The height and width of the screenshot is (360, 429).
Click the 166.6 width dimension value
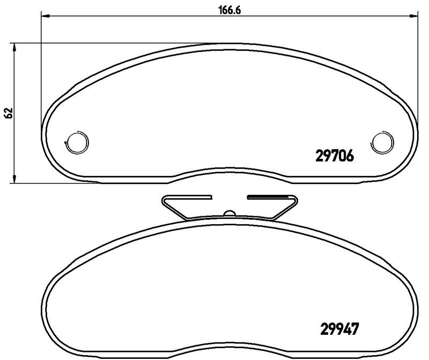point(230,10)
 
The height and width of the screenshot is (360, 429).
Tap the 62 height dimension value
point(9,113)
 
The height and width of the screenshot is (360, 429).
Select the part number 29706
point(335,156)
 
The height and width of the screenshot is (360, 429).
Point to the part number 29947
point(339,329)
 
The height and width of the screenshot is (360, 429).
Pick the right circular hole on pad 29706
point(382,142)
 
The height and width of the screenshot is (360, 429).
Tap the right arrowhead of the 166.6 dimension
point(413,17)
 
